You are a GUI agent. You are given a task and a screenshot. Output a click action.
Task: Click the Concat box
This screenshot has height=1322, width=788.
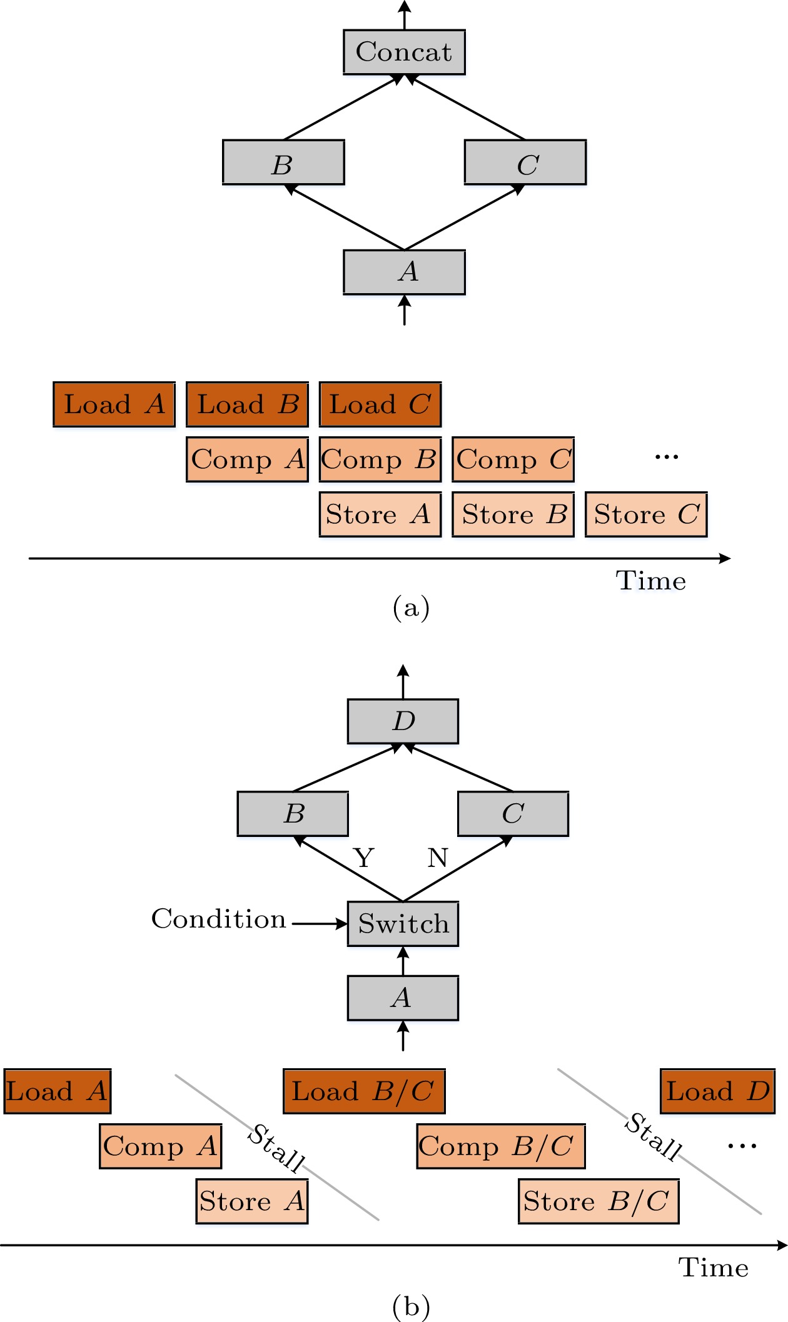tap(404, 52)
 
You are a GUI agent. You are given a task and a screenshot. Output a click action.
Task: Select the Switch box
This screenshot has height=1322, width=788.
tap(403, 924)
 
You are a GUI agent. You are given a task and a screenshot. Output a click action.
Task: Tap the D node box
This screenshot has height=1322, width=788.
tap(403, 721)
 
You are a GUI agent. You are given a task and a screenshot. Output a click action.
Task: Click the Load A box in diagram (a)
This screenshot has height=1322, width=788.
tap(114, 404)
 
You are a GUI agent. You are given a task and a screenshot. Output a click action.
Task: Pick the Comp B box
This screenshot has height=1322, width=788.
tap(380, 459)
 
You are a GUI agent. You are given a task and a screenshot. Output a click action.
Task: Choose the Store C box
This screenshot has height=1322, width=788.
tap(646, 514)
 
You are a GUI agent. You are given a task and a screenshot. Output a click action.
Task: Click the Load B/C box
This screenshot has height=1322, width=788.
tap(364, 1091)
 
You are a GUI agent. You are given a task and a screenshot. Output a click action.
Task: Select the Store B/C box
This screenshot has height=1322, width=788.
tap(599, 1201)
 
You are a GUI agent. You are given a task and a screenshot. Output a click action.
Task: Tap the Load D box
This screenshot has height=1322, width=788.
tap(717, 1091)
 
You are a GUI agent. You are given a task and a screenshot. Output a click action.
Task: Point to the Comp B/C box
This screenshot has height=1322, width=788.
tap(501, 1146)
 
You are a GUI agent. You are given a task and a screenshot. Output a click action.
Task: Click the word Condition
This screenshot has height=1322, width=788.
tap(219, 919)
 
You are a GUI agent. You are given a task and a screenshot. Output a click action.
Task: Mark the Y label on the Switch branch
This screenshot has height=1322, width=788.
tap(364, 858)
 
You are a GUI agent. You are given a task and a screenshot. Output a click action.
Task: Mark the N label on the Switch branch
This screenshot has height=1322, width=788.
tap(438, 858)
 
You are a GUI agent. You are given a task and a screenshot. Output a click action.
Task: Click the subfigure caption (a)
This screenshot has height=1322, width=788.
tap(411, 607)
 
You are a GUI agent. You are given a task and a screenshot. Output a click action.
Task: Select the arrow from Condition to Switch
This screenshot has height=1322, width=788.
tap(319, 924)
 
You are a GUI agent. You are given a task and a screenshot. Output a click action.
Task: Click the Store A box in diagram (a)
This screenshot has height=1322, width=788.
tap(380, 514)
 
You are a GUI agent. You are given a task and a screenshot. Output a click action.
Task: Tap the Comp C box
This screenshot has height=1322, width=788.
tap(513, 459)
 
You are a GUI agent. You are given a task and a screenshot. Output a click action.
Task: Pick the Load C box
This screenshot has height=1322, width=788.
tap(380, 404)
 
